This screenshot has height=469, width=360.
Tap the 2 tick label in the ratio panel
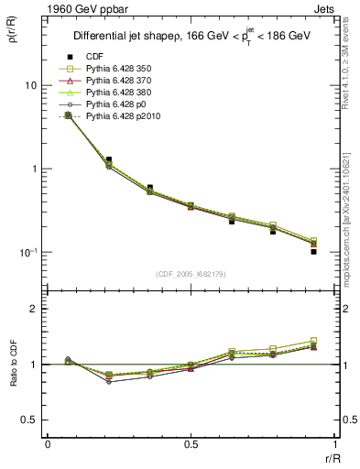(36, 310)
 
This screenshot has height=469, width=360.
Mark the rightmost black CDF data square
(313, 251)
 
